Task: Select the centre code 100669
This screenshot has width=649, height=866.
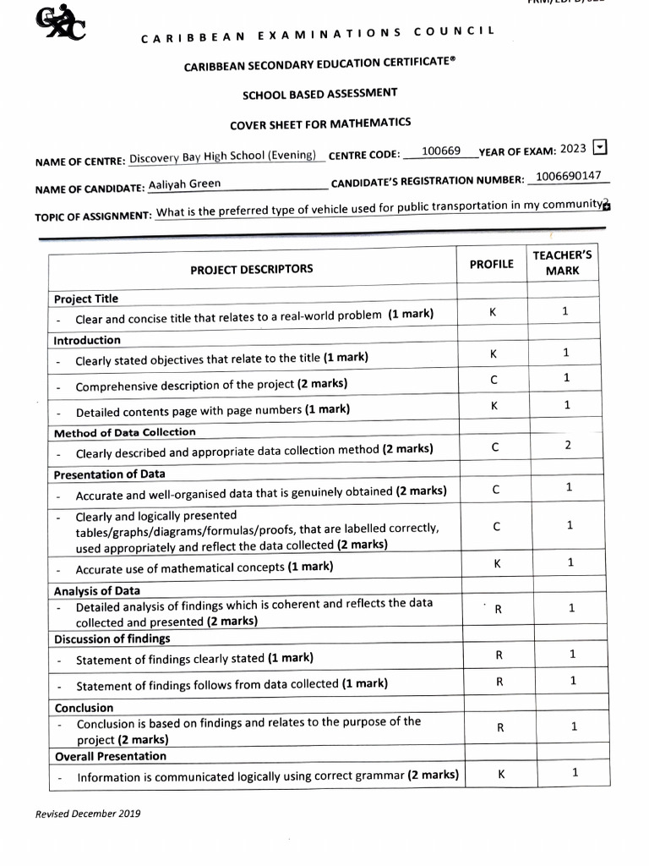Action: pos(441,151)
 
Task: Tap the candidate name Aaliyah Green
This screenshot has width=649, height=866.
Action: pos(184,184)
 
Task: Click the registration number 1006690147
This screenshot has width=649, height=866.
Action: pos(569,176)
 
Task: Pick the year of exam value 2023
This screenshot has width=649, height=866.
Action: pos(573,149)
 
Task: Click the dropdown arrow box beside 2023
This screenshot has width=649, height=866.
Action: pos(600,147)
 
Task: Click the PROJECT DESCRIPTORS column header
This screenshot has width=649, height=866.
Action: pos(251,269)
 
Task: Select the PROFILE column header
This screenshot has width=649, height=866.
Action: pos(491,264)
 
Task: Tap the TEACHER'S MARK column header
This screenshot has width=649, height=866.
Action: pos(562,262)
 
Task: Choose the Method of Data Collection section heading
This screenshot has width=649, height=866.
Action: pos(124,432)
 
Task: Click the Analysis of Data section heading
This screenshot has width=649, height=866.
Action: pos(97,591)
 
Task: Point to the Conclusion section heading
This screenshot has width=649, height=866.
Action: pos(84,708)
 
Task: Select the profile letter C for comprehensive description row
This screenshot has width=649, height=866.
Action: pos(494,381)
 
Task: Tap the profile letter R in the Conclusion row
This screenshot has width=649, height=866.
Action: pos(499,726)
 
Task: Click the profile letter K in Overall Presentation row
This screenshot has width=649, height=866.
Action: pos(501,772)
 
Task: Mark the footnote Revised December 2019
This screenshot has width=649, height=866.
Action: pos(88,814)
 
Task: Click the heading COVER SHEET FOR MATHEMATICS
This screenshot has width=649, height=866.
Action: pos(320,124)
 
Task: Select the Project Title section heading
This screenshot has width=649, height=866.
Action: pos(86,299)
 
